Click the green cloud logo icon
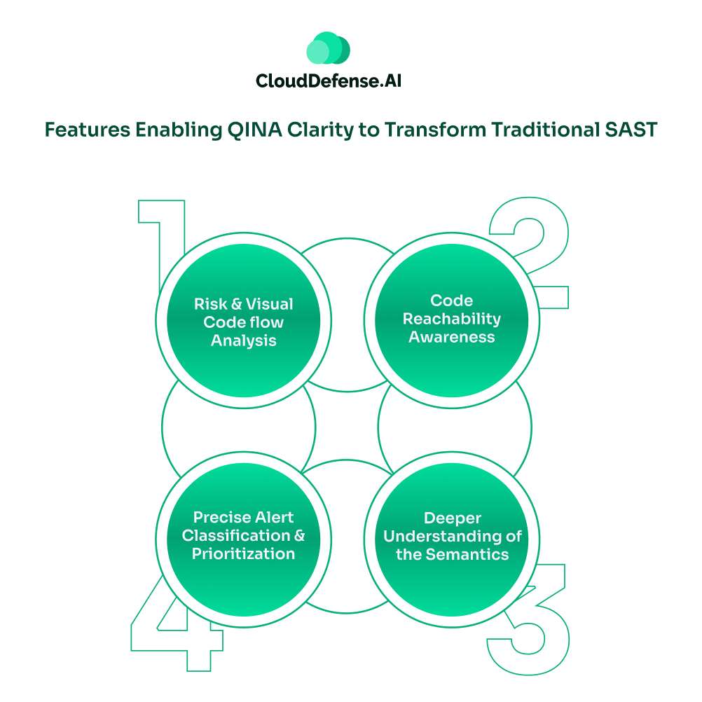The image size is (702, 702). tap(328, 48)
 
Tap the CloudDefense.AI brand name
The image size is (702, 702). tap(329, 81)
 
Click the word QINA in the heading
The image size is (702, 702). tap(255, 130)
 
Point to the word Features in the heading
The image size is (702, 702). tap(88, 130)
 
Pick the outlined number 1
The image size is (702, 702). tap(162, 242)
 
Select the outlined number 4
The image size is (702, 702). tap(177, 624)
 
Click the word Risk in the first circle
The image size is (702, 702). tap(210, 304)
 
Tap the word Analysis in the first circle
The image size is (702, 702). tap(244, 340)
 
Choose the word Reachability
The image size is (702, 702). tap(452, 319)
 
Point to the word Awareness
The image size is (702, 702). tap(452, 337)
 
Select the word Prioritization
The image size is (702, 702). tap(244, 553)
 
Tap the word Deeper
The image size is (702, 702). tap(452, 518)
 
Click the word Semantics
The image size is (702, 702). tap(467, 554)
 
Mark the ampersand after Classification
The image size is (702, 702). tap(300, 535)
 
